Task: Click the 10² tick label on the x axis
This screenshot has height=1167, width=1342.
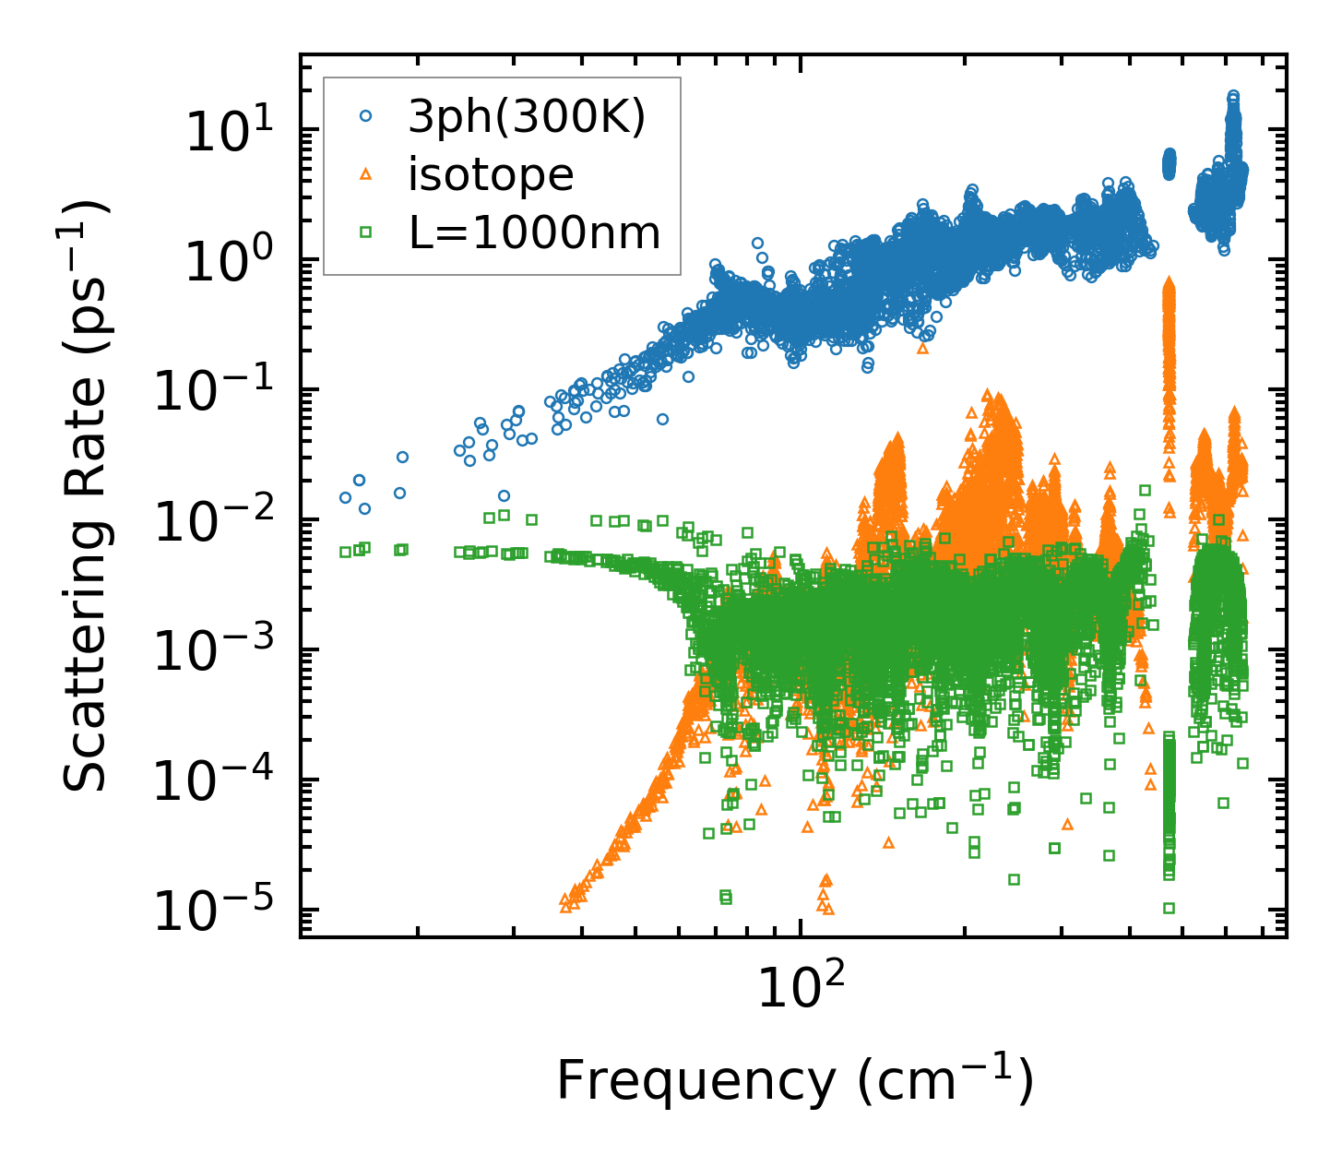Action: (800, 992)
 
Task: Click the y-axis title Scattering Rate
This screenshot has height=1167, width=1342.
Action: (86, 498)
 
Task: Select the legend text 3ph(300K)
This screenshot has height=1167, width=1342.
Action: (527, 117)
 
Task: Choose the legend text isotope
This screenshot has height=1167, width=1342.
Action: (491, 175)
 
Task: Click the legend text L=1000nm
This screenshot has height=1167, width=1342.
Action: (535, 233)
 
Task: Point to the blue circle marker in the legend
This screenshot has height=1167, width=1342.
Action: (366, 117)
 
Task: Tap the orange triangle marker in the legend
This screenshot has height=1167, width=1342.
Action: (366, 174)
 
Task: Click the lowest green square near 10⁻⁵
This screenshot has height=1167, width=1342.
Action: (1169, 909)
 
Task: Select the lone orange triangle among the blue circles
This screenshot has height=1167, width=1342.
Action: (923, 349)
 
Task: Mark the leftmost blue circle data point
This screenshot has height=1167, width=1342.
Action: (346, 497)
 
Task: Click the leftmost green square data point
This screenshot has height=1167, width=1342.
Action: (346, 552)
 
